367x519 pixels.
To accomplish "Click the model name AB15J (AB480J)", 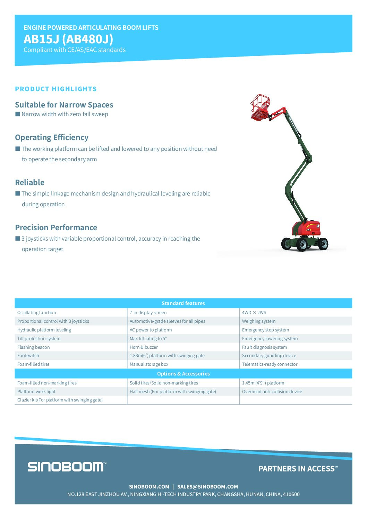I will pyautogui.click(x=68, y=39).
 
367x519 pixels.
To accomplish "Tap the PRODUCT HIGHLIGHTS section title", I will pyautogui.click(x=56, y=89).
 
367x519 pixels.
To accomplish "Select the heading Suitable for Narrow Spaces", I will pyautogui.click(x=64, y=105).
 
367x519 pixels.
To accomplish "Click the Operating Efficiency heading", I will pyautogui.click(x=52, y=137).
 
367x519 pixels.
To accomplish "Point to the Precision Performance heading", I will pyautogui.click(x=56, y=227).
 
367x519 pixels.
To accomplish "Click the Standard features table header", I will pyautogui.click(x=183, y=303).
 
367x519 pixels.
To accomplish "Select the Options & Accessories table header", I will pyautogui.click(x=183, y=374).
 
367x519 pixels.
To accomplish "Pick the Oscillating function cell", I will pyautogui.click(x=37, y=313).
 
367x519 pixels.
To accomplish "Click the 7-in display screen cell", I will pyautogui.click(x=148, y=313).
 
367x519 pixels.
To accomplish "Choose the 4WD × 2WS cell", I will pyautogui.click(x=254, y=313).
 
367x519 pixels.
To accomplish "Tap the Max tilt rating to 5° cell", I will pyautogui.click(x=148, y=339).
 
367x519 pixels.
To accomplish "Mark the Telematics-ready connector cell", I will pyautogui.click(x=270, y=364).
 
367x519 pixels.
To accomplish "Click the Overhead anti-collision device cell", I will pyautogui.click(x=272, y=392).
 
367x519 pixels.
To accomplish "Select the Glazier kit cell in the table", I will pyautogui.click(x=60, y=400).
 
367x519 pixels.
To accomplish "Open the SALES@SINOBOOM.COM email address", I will pyautogui.click(x=207, y=487).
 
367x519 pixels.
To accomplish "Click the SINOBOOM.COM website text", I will pyautogui.click(x=149, y=487).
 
